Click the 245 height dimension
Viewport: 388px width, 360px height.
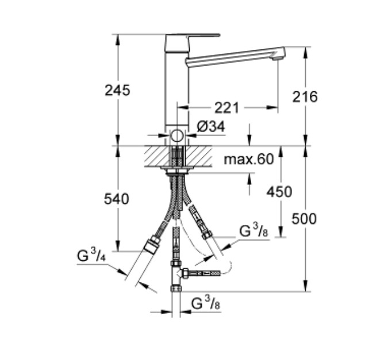click(x=117, y=90)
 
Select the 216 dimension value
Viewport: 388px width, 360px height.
click(x=305, y=96)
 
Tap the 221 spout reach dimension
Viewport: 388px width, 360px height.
click(x=226, y=108)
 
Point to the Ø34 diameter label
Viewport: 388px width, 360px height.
click(x=211, y=126)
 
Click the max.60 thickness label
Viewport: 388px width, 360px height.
click(x=249, y=159)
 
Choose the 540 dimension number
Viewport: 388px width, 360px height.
click(x=116, y=199)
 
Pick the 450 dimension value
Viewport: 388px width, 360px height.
click(x=279, y=192)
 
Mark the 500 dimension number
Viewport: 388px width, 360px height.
click(x=304, y=219)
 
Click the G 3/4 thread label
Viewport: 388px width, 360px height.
click(x=91, y=255)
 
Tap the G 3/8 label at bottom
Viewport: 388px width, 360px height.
click(x=206, y=303)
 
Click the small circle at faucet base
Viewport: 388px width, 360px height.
click(x=176, y=136)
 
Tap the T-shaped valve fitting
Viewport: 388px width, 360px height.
click(x=177, y=275)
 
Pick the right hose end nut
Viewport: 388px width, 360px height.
click(x=207, y=235)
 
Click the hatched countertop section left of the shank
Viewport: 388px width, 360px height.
click(x=158, y=156)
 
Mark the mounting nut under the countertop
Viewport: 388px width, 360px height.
click(x=177, y=172)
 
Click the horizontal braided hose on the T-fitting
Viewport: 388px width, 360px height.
click(x=205, y=273)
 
